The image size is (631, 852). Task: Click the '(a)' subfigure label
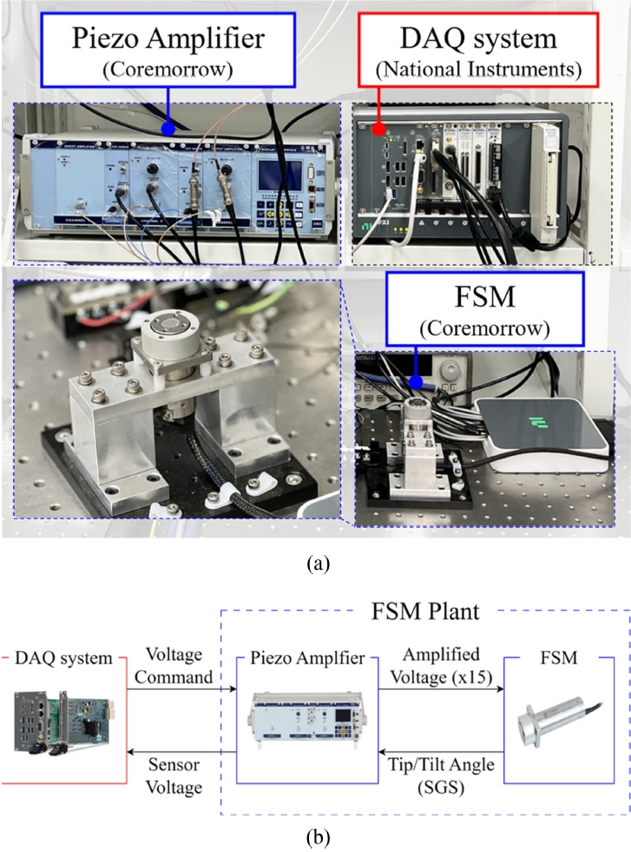317,564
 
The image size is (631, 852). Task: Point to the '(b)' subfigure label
317,840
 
